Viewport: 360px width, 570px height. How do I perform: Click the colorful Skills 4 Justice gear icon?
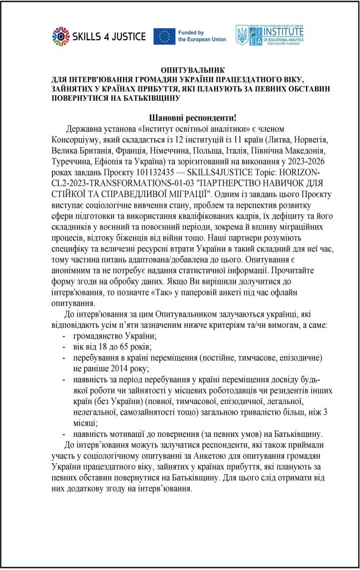click(x=60, y=37)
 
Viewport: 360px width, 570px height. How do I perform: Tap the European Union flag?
click(x=165, y=37)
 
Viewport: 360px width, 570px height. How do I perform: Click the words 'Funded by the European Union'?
click(x=201, y=37)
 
